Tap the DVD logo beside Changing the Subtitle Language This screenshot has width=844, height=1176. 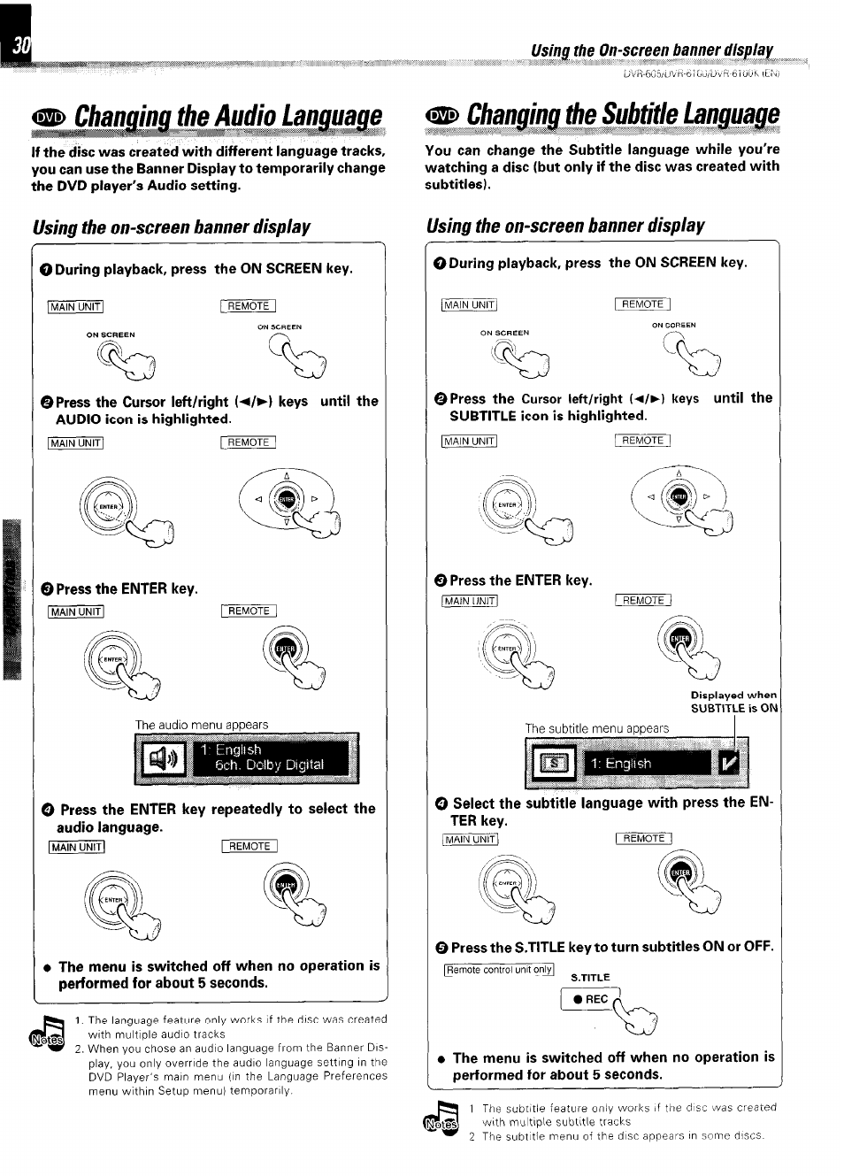[x=442, y=115]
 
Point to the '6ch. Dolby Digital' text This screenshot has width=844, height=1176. [x=270, y=765]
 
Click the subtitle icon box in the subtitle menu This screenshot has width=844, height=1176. [x=552, y=763]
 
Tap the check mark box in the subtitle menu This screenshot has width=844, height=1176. [x=731, y=763]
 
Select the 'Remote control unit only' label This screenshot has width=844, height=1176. [x=499, y=970]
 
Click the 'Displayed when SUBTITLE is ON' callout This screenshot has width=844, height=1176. [x=733, y=702]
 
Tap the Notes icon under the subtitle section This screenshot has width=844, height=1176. [x=442, y=1120]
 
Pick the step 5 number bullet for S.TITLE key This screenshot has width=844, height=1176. [x=441, y=948]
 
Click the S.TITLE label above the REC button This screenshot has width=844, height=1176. [x=590, y=978]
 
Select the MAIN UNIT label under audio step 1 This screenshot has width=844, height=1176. [x=75, y=307]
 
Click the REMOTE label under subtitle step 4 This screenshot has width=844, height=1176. [x=643, y=838]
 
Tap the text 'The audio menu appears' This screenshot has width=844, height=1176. [x=202, y=725]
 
